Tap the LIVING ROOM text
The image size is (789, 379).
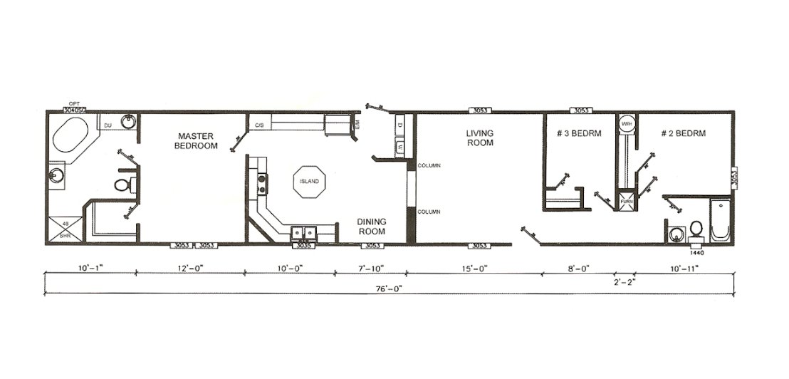[479, 137]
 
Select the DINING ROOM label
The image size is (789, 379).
[371, 227]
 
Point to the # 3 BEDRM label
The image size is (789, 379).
[579, 133]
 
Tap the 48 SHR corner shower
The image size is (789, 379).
[65, 229]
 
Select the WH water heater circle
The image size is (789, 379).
[627, 124]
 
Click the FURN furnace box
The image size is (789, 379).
[627, 202]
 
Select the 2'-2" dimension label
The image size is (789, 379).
[624, 281]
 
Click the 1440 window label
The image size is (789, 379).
[696, 252]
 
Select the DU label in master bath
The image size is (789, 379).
[108, 125]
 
